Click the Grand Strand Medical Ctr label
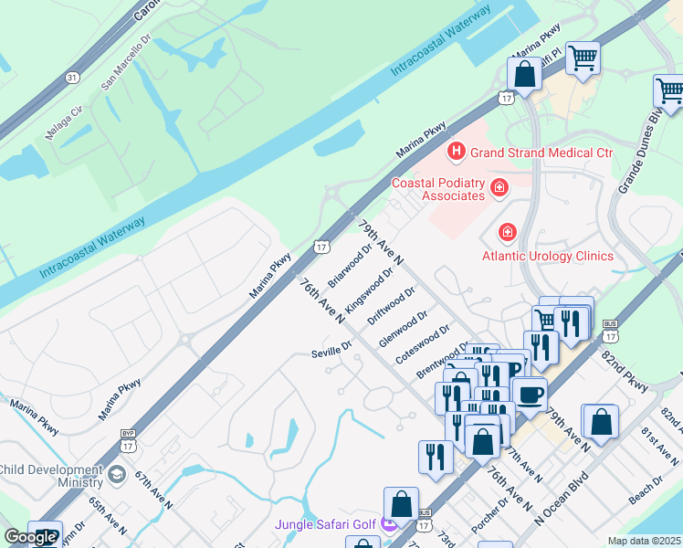click(541, 153)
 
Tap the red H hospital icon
click(455, 152)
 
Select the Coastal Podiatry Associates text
click(437, 189)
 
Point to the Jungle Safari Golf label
click(327, 524)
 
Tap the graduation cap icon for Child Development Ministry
click(117, 475)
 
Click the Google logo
click(30, 537)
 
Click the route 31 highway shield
click(72, 78)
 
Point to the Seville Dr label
click(331, 348)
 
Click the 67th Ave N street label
click(153, 491)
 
